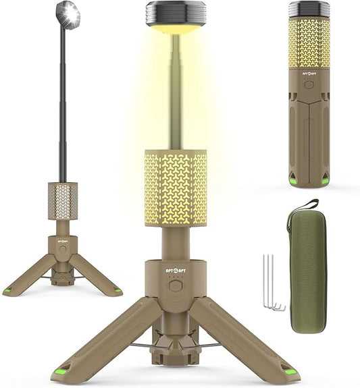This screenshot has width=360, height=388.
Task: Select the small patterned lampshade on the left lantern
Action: coord(62,201)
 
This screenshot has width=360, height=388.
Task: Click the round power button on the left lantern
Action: coord(62,248)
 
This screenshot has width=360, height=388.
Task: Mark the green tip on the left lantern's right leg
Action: coord(118,291)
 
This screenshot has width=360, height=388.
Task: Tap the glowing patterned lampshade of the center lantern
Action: coord(175,188)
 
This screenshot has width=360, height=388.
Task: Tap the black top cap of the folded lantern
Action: coord(309,9)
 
